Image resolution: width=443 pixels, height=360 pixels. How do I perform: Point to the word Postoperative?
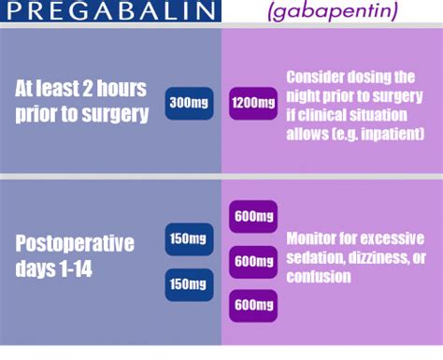[75, 244]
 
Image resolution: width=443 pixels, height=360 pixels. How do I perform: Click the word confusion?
[318, 277]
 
